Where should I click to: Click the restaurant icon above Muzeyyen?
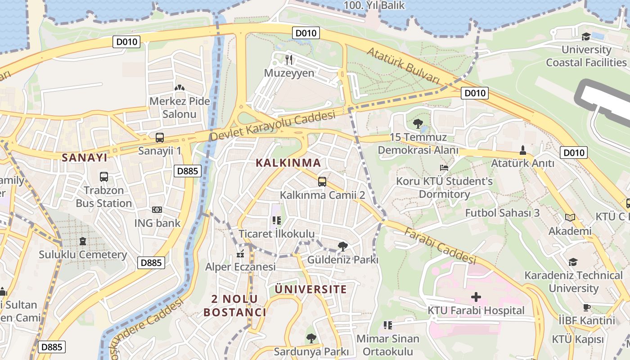289,59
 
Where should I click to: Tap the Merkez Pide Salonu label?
180,108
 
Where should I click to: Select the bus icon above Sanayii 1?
159,138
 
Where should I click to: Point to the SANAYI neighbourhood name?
85,157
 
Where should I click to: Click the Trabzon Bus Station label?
103,197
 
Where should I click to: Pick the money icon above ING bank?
157,210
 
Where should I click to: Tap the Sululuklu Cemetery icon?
82,241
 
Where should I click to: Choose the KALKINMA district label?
288,163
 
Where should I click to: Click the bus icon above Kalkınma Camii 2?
322,182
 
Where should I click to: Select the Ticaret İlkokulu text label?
276,234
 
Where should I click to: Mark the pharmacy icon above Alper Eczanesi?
240,254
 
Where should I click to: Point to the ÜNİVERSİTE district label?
311,289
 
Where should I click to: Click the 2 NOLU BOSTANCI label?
234,306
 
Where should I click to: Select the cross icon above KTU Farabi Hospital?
476,297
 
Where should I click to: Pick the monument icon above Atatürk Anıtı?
522,150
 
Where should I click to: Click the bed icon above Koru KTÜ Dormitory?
444,168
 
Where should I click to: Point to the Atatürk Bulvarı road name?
403,65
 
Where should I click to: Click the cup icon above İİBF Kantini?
586,308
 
